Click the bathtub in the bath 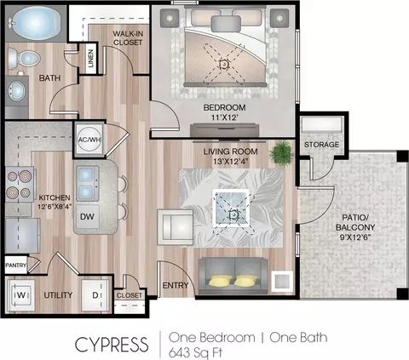[36, 23]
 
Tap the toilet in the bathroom [23, 58]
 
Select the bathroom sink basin [17, 91]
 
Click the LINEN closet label [90, 58]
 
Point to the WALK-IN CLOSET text [128, 38]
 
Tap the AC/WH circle [89, 140]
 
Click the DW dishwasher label [87, 217]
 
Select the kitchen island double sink [87, 183]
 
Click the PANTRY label [16, 266]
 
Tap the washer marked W [21, 295]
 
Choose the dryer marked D [95, 295]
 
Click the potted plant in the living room [280, 153]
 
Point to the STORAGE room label [321, 145]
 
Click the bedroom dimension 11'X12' [224, 117]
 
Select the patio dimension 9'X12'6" [355, 237]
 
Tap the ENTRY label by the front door [176, 285]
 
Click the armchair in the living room [176, 227]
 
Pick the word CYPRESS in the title [112, 345]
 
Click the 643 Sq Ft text [195, 352]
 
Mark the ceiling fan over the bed [224, 65]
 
